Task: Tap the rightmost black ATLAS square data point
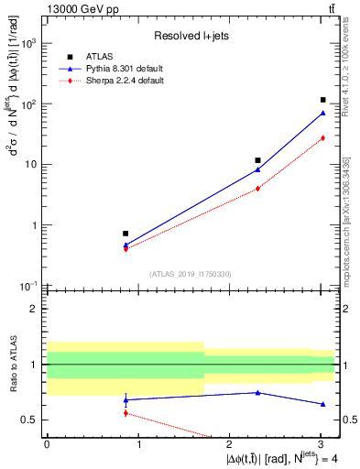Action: pyautogui.click(x=323, y=100)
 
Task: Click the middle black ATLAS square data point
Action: pyautogui.click(x=258, y=160)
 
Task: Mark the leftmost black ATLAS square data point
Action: pyautogui.click(x=125, y=234)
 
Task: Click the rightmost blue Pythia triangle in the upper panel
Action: pyautogui.click(x=323, y=113)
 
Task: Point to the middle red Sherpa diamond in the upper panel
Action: pyautogui.click(x=258, y=189)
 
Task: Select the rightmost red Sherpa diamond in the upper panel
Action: pyautogui.click(x=323, y=138)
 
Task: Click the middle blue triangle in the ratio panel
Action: pyautogui.click(x=258, y=392)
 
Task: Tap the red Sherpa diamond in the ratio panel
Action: pyautogui.click(x=125, y=413)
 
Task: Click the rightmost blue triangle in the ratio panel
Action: pyautogui.click(x=323, y=404)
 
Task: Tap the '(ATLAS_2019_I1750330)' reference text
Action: pyautogui.click(x=191, y=274)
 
